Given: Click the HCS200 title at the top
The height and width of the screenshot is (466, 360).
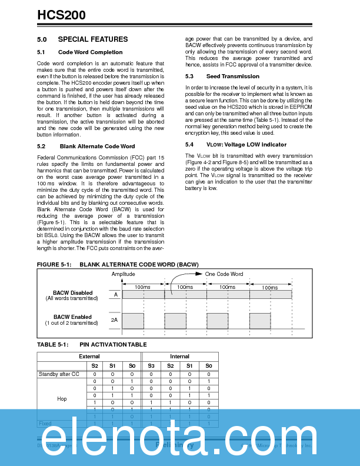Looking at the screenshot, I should [x=61, y=15].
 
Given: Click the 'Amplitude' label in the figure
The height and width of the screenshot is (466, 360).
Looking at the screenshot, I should [x=123, y=274].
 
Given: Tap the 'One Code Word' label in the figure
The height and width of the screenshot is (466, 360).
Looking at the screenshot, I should [x=224, y=274].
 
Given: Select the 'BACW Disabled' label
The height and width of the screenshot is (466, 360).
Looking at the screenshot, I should [x=72, y=292].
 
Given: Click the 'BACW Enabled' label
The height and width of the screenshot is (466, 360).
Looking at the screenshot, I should [x=72, y=317].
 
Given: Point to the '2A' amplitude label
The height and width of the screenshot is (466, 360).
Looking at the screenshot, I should [x=114, y=320].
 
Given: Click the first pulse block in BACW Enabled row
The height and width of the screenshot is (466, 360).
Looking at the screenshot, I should [x=133, y=321].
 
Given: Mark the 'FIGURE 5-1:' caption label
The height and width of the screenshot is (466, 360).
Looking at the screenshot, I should [x=54, y=265].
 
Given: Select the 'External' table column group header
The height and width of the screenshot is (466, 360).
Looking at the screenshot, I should [x=89, y=357].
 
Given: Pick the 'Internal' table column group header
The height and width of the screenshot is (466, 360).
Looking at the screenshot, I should [x=179, y=357].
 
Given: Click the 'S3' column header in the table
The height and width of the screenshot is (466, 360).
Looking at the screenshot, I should [x=151, y=365].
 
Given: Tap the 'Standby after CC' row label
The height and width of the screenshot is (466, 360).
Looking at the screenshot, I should [x=59, y=374].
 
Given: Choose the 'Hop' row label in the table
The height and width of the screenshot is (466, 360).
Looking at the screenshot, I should [x=62, y=399].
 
